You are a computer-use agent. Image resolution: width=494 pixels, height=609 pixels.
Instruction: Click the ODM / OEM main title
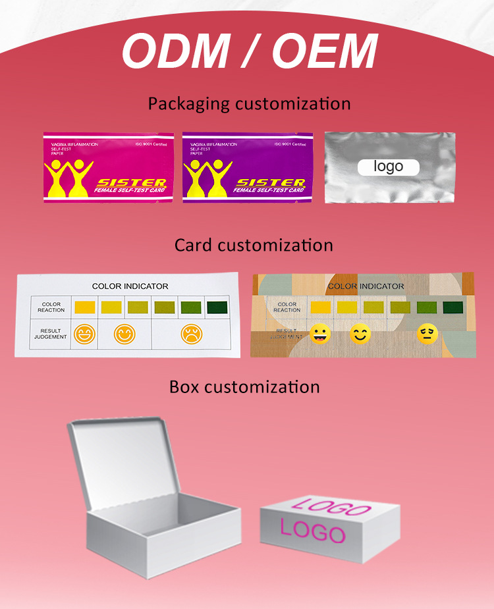point(249,51)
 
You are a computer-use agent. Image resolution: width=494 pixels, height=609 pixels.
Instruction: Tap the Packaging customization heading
point(249,104)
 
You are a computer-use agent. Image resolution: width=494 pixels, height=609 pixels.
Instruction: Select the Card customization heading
point(254,246)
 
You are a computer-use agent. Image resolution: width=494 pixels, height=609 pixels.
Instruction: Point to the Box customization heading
point(244,386)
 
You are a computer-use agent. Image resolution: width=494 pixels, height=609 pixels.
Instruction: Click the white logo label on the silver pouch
point(389,167)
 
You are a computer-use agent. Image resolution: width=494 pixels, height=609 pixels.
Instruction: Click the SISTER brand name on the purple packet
point(271,182)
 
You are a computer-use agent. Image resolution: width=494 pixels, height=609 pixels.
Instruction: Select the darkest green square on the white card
point(216,307)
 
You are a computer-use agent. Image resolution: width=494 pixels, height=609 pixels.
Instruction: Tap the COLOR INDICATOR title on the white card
point(130,286)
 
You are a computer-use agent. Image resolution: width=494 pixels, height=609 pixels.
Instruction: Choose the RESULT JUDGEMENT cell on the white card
point(51,334)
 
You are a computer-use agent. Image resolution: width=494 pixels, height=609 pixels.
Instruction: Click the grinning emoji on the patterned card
point(320,334)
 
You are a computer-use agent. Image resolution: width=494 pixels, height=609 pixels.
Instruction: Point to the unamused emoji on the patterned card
point(427,334)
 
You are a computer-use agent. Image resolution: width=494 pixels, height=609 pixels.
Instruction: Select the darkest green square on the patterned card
point(452,307)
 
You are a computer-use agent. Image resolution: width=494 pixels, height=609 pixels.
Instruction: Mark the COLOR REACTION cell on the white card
point(51,307)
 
